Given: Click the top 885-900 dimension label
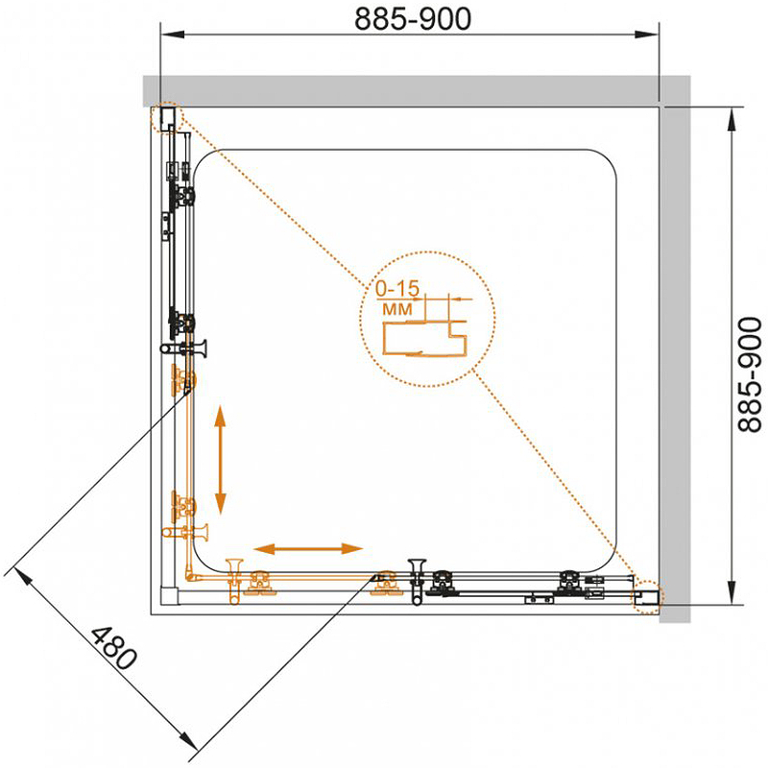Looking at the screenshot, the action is tap(413, 19).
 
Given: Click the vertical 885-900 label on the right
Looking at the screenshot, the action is tap(750, 374).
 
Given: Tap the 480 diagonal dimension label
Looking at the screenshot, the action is tap(113, 647).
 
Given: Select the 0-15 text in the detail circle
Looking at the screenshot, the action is tap(397, 289).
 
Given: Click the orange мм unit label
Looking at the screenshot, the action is tap(396, 309).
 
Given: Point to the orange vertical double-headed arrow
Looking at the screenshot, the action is tap(220, 460).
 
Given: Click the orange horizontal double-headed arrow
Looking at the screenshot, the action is tap(308, 548).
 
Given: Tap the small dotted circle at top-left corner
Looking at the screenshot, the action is tap(166, 117).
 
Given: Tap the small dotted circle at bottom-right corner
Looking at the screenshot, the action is tap(646, 597).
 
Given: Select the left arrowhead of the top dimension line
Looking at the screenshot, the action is tap(173, 35).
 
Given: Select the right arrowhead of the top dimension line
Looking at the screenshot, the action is tap(647, 35).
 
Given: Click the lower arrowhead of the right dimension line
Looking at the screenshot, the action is tap(732, 592).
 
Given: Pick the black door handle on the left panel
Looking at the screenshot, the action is tap(183, 348).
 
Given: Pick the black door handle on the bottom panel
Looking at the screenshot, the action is tap(418, 582).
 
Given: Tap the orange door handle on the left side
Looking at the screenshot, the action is tap(185, 531).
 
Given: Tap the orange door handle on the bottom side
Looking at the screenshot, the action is tap(234, 582).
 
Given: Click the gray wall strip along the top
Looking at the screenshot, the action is tap(400, 90).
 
